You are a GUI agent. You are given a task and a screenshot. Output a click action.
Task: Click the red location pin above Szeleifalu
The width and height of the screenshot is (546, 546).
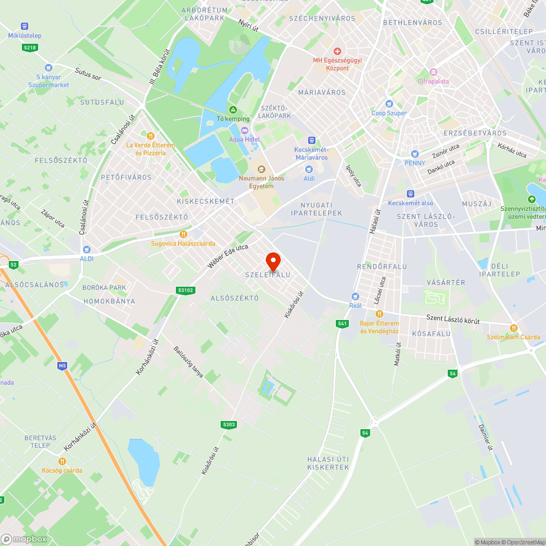coord(273,261)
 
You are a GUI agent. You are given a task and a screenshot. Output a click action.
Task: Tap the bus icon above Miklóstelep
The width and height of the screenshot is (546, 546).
coord(24,26)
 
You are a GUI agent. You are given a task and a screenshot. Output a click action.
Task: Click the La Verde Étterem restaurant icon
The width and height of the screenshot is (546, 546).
coord(151,135)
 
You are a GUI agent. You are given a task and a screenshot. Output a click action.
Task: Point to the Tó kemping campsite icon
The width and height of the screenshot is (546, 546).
coord(233,110)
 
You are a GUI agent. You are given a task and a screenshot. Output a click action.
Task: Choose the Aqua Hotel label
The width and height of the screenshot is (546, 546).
coord(244,139)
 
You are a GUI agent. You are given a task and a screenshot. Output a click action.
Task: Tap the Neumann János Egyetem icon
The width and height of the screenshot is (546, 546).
coord(261,168)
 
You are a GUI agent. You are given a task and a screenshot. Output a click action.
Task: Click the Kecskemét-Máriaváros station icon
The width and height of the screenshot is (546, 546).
coord(311,140)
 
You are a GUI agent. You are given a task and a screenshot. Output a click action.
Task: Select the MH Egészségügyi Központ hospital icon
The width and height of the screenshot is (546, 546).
coord(337,51)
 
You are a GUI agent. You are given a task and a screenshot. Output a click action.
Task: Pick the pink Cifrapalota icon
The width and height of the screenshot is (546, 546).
coord(434,72)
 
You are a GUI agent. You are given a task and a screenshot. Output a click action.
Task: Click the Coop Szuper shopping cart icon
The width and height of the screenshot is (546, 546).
coord(389,104)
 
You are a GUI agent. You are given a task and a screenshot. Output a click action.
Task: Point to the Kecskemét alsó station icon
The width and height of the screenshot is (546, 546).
coord(410,194)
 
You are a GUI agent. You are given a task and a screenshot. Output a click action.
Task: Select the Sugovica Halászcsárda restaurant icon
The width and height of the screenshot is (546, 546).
coord(183,234)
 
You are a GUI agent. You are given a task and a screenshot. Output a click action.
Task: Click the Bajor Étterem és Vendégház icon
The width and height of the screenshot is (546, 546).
coord(379,314)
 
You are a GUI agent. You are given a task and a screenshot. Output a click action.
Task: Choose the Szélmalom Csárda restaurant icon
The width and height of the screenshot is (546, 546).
coord(514,328)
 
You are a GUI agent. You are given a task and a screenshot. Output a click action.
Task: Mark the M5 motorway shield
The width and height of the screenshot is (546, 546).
coord(63,365)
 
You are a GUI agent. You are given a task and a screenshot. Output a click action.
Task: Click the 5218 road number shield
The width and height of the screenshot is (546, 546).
coord(30,48)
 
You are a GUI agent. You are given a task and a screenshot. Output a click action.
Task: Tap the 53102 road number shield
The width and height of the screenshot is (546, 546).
coord(186,290)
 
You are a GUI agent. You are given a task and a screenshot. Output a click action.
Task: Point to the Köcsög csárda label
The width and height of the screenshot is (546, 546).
coord(62,470)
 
